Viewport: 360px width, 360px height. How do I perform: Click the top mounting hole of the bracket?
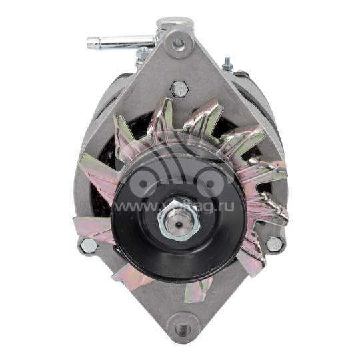pos(178,43)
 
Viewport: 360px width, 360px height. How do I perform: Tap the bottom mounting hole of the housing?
pos(181,328)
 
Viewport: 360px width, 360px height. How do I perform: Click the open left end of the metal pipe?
pos(89,43)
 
